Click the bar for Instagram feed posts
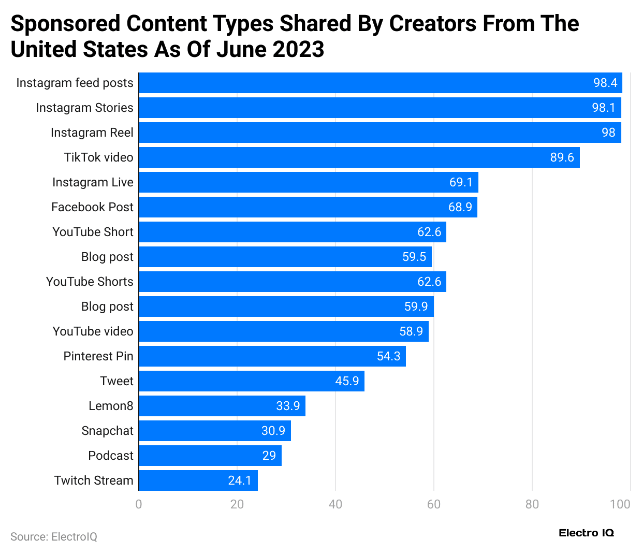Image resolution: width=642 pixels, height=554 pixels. [380, 83]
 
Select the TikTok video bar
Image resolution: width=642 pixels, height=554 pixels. [359, 157]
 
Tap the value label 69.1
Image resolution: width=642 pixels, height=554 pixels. [461, 182]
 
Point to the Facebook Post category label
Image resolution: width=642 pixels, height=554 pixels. [92, 207]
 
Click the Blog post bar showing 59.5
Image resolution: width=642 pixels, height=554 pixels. [285, 257]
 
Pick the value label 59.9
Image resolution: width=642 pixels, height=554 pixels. [416, 307]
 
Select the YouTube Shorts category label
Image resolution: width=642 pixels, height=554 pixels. [90, 282]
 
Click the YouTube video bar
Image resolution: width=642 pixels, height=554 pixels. [283, 331]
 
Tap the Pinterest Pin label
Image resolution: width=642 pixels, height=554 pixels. [98, 356]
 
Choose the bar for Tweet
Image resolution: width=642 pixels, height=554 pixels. [251, 381]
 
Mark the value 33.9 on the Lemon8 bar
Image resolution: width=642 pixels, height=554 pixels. [288, 406]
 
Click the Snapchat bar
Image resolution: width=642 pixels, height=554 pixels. [214, 431]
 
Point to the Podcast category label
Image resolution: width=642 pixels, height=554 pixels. [111, 456]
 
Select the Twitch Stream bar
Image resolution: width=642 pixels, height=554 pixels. [198, 480]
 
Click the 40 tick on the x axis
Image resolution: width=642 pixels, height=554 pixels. [335, 504]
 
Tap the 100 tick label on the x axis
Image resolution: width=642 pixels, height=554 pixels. [620, 504]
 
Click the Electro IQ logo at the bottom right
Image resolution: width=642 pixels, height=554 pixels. [586, 533]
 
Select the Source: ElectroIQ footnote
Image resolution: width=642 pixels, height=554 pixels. [54, 537]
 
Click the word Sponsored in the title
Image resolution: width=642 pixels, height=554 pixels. [65, 24]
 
